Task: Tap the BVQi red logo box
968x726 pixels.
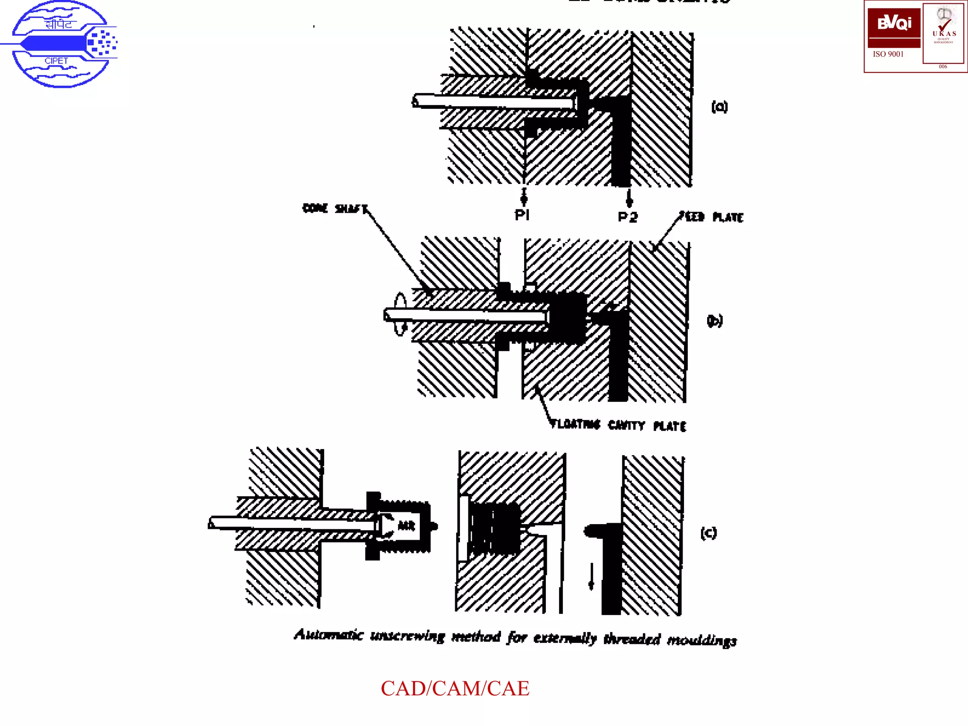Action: [x=894, y=27]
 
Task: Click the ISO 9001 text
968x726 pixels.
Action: [x=888, y=54]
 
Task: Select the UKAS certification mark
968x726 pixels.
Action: [x=943, y=33]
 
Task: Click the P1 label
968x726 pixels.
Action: [x=522, y=216]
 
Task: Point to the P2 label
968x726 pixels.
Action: [x=628, y=217]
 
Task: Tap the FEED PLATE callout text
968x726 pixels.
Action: [x=712, y=217]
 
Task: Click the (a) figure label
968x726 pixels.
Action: [x=719, y=107]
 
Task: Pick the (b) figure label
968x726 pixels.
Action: [x=715, y=320]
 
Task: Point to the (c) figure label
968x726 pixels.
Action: [x=709, y=533]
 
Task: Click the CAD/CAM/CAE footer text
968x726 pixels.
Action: [x=455, y=689]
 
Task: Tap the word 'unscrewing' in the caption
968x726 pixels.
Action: [x=407, y=636]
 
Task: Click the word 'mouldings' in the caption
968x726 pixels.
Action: [x=702, y=640]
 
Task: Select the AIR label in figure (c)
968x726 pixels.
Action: [x=406, y=525]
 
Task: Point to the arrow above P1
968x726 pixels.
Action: [x=524, y=197]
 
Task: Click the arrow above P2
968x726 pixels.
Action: [x=629, y=199]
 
